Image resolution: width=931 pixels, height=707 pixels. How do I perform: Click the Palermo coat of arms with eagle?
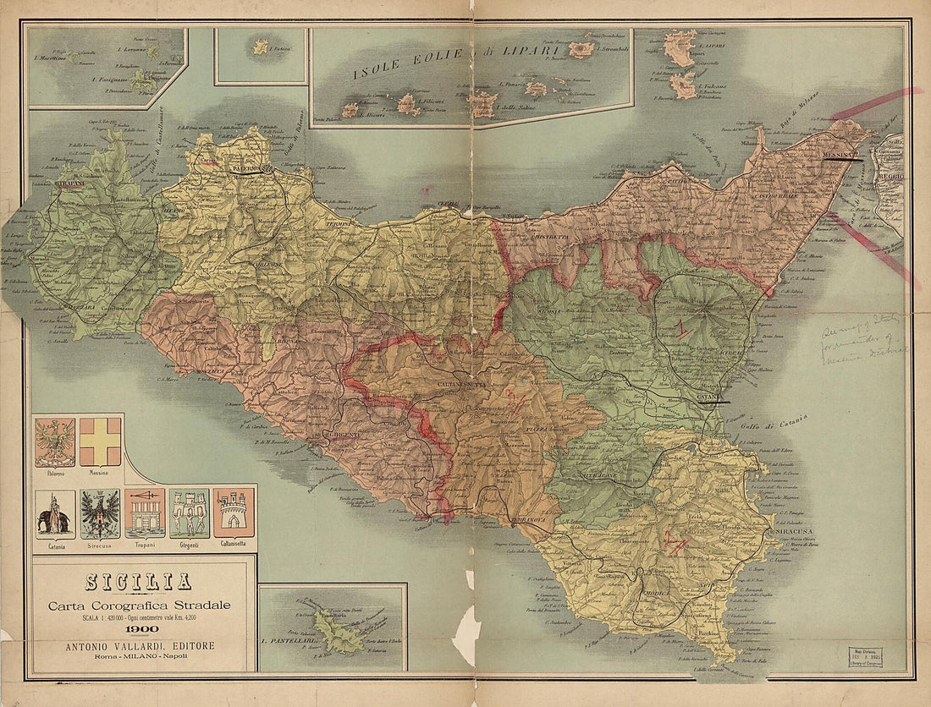(x=55, y=442)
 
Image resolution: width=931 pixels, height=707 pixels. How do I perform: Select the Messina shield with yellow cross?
(x=100, y=441)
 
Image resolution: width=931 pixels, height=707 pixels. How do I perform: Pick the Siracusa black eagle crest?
(x=100, y=513)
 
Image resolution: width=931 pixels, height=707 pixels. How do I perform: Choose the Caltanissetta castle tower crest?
(x=233, y=512)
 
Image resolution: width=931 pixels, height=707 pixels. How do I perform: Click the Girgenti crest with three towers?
(x=189, y=512)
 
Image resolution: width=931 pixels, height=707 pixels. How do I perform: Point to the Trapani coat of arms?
(x=145, y=512)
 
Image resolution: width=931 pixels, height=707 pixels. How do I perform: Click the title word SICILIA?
(x=138, y=582)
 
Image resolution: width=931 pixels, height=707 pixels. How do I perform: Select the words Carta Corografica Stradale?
(x=138, y=605)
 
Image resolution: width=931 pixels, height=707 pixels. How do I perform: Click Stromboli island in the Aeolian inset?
(x=581, y=49)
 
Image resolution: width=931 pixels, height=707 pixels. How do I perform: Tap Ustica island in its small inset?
(x=261, y=47)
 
